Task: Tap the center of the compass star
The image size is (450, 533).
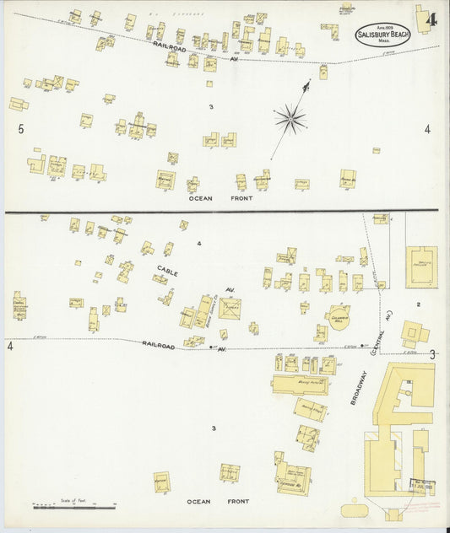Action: (290, 119)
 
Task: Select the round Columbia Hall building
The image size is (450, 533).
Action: (339, 318)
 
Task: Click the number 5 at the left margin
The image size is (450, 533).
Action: (21, 129)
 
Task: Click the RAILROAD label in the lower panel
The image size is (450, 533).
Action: (158, 344)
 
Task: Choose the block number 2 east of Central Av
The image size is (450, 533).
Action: (417, 304)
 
